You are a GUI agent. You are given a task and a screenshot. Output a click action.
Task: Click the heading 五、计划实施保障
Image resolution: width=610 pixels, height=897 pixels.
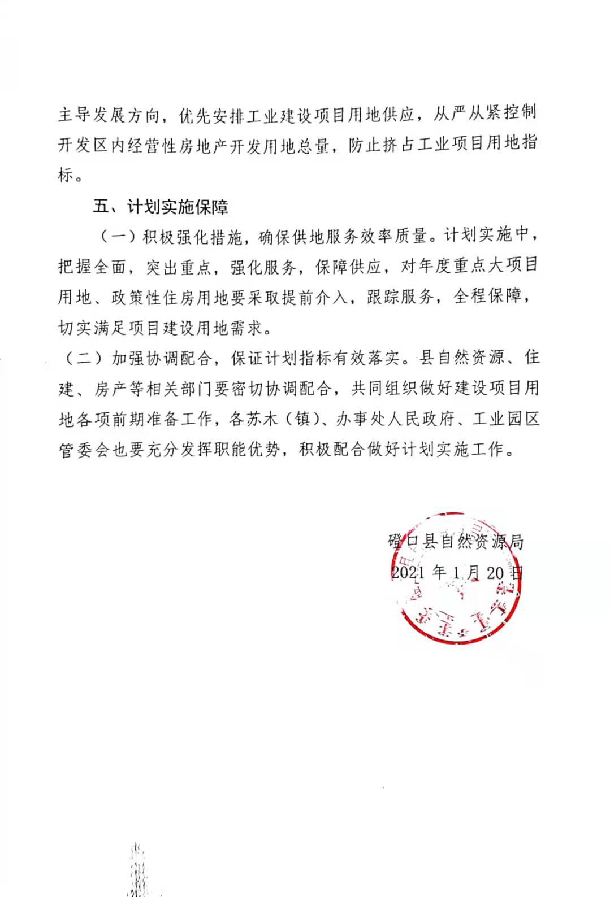161,207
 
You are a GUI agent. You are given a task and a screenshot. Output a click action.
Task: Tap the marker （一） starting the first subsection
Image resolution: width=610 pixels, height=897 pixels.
118,236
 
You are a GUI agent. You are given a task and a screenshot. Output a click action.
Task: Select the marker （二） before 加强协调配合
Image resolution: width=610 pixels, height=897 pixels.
83,358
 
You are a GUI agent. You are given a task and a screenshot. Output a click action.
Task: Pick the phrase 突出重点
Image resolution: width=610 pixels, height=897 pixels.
179,267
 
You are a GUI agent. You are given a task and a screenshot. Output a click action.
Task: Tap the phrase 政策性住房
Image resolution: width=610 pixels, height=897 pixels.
153,297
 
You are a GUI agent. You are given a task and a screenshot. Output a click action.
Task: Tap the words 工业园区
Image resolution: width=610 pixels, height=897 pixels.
505,419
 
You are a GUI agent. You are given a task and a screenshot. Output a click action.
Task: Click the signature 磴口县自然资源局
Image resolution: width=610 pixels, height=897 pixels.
456,542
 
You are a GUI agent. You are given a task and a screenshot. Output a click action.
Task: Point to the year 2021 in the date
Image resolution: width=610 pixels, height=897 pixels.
408,572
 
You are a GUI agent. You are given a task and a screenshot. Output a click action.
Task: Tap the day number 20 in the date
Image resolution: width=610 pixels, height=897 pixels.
495,572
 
